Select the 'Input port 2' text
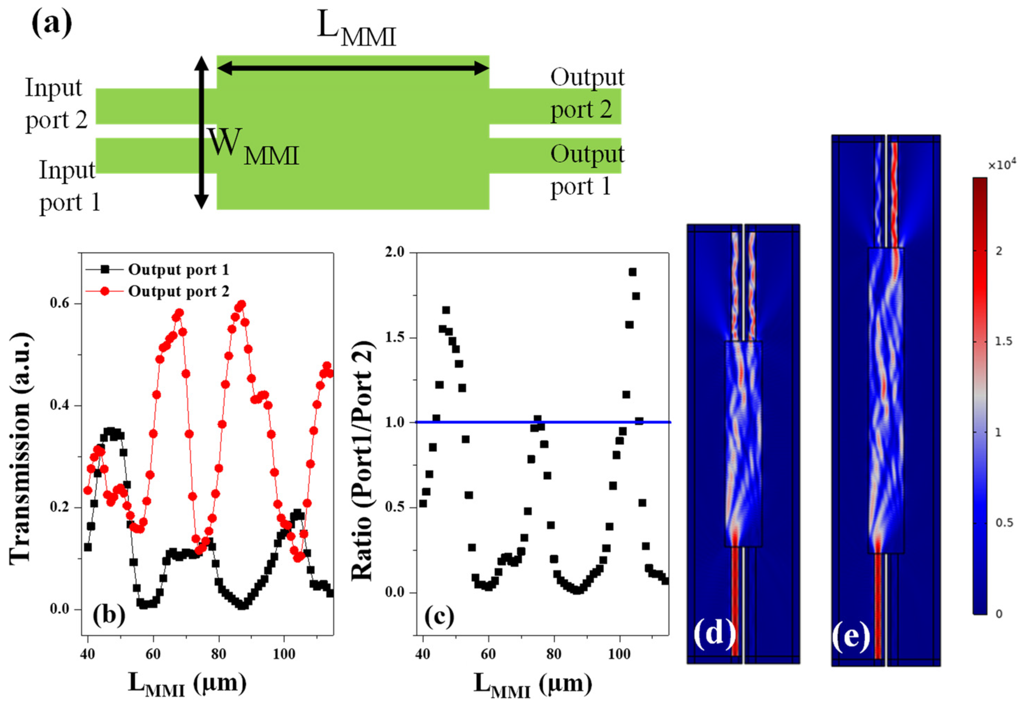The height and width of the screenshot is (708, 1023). (x=56, y=104)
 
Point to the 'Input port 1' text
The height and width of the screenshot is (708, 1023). (x=69, y=186)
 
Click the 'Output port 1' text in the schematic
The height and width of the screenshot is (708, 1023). (x=587, y=170)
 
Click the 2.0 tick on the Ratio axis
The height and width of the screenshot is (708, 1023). (x=395, y=252)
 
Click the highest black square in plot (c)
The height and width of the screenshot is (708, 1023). (x=633, y=272)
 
